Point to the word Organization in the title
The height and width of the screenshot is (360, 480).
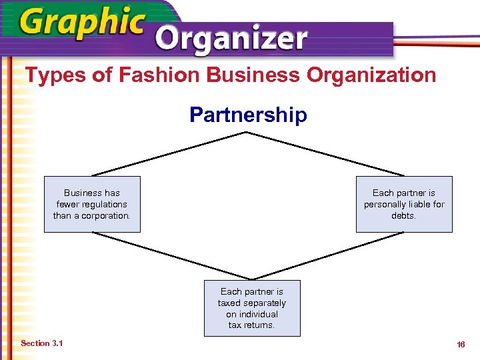click(x=371, y=75)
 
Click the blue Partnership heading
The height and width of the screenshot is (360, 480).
click(x=248, y=115)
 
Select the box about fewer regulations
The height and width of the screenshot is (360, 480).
click(x=92, y=204)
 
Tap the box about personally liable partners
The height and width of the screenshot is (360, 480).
click(x=404, y=204)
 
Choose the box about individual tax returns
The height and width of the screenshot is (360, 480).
click(x=251, y=308)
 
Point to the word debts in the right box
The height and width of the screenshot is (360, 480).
click(x=404, y=216)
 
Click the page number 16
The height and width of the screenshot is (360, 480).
click(x=460, y=345)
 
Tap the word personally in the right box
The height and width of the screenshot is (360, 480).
click(x=383, y=205)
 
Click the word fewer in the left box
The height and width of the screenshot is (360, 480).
click(x=67, y=205)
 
